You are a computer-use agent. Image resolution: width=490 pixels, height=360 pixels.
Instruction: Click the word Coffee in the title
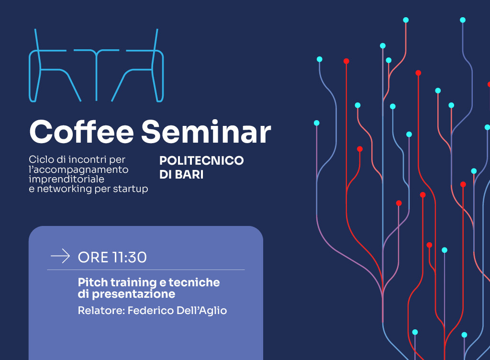(x=81, y=132)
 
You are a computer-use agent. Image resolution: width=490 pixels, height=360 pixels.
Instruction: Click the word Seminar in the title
(x=206, y=132)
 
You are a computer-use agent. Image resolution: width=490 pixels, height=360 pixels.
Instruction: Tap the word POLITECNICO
(x=201, y=161)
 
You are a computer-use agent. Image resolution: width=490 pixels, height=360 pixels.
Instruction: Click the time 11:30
(x=129, y=258)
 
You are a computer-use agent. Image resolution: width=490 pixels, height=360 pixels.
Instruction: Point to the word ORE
(x=93, y=258)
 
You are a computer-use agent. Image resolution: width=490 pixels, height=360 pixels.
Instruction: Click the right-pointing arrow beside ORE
(x=60, y=256)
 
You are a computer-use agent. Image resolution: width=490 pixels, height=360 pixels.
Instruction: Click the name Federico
(x=151, y=311)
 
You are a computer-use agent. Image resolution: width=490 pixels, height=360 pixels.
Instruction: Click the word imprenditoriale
(x=67, y=180)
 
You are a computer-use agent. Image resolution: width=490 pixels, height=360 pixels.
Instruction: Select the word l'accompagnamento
(x=78, y=170)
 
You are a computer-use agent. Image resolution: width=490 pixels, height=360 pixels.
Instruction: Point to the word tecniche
(x=194, y=282)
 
